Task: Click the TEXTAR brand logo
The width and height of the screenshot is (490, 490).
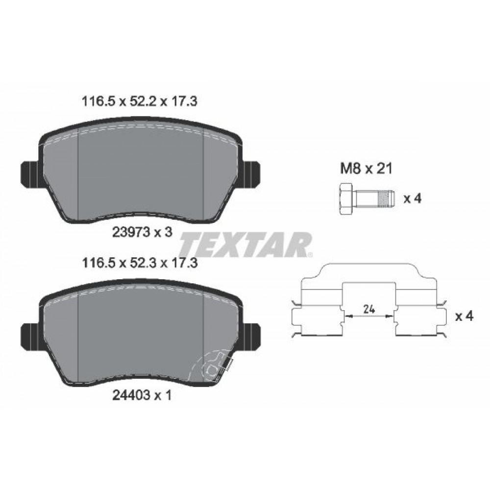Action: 245,244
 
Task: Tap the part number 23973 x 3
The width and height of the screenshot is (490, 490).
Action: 142,233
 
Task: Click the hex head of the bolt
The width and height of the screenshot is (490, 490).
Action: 344,198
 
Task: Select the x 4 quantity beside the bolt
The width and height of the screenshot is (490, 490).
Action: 412,198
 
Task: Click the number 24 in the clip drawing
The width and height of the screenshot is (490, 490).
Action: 369,309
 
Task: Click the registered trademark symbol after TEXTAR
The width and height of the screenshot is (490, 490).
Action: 309,254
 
